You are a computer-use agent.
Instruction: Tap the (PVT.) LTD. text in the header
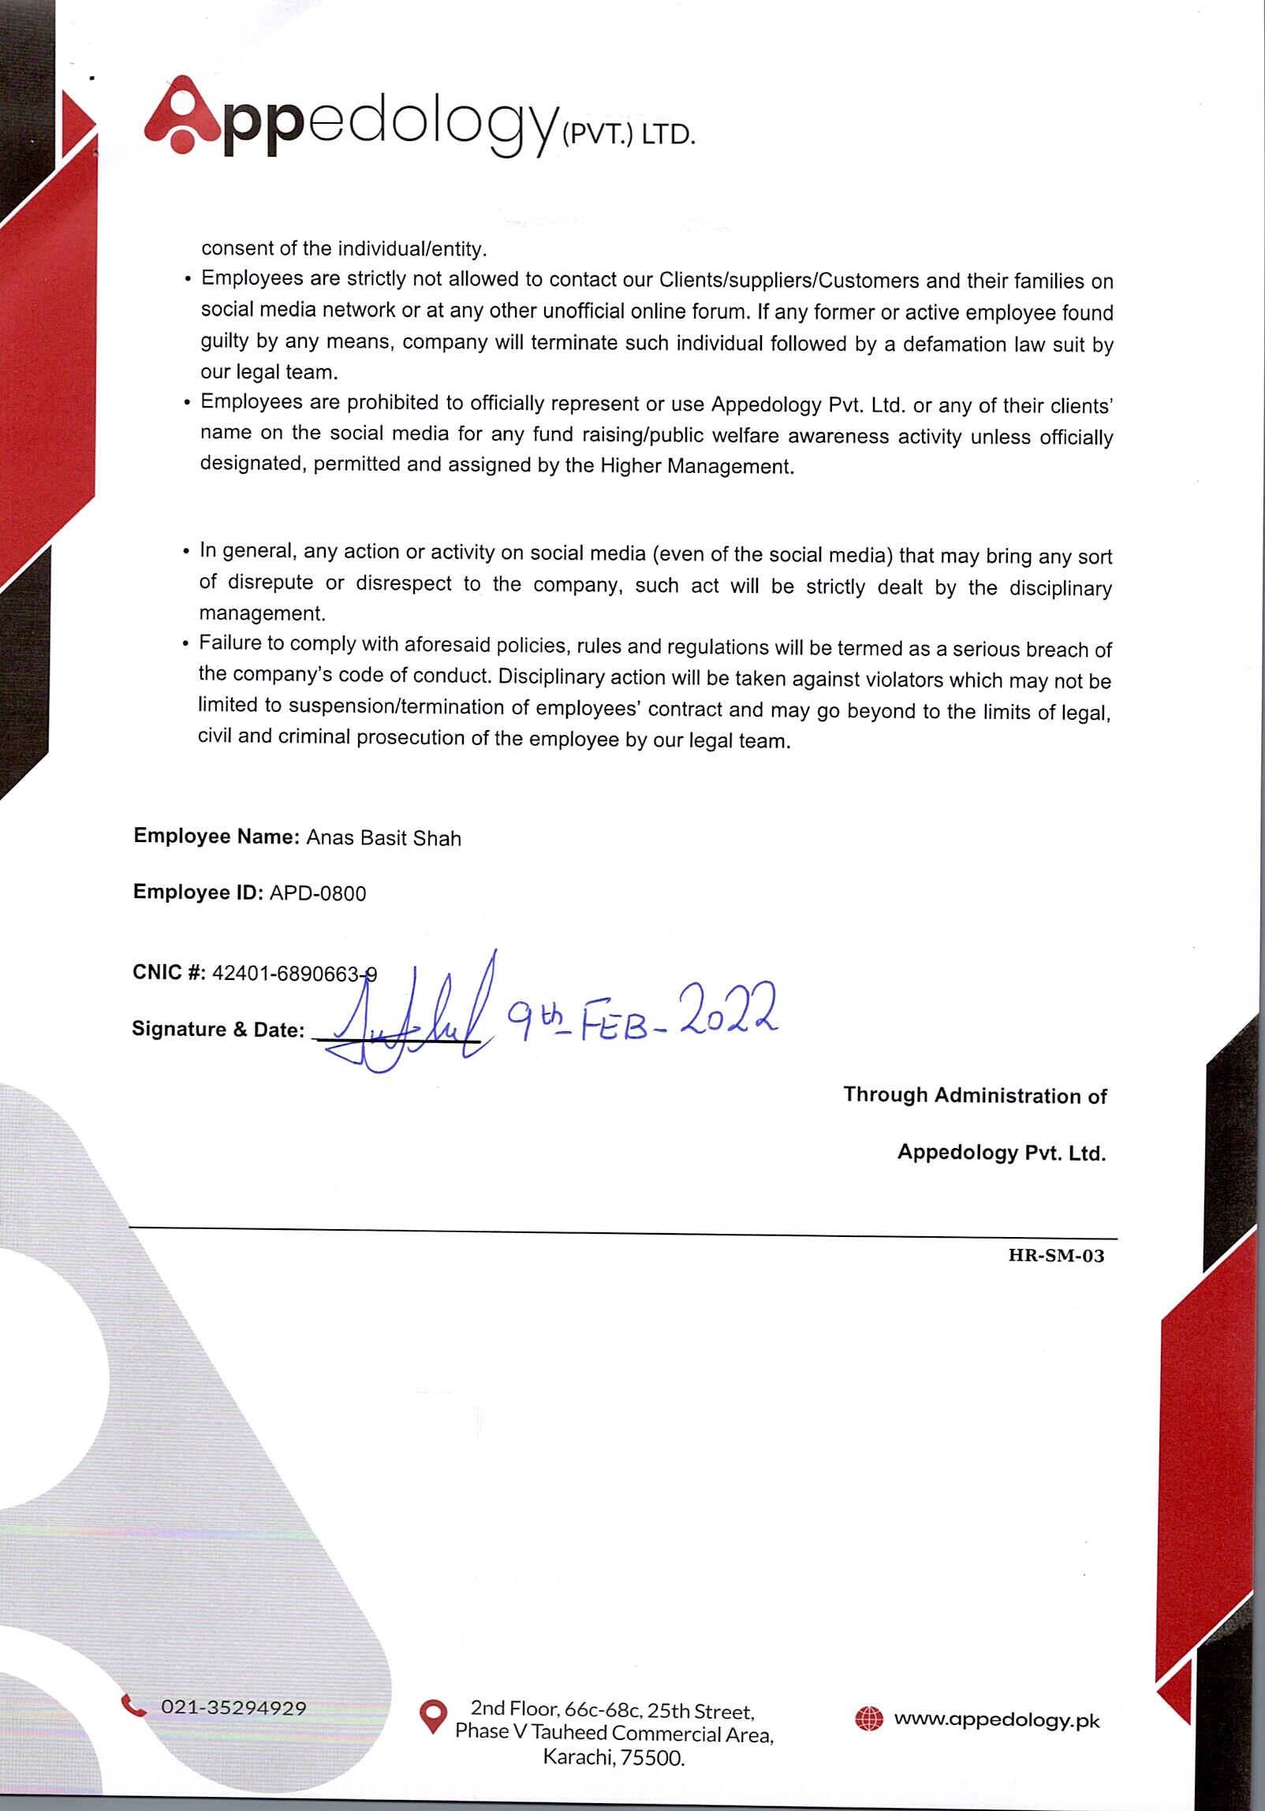[x=627, y=135]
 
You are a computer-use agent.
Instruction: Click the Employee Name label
[x=215, y=836]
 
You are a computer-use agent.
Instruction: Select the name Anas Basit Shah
[x=383, y=837]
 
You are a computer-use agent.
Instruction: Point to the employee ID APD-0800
[x=317, y=893]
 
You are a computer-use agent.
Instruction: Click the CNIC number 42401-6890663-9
[x=294, y=974]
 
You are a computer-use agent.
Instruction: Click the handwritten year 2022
[x=728, y=1011]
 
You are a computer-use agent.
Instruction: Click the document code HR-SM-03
[x=1055, y=1256]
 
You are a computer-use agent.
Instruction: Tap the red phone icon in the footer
[x=133, y=1705]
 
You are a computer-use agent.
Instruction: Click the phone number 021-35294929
[x=233, y=1708]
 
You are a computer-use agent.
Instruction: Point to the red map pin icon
[x=432, y=1716]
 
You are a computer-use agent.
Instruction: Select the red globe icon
[x=869, y=1718]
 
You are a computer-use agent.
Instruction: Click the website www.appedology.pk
[x=996, y=1720]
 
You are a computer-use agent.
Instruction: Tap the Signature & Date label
[x=218, y=1030]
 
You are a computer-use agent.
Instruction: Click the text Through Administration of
[x=975, y=1096]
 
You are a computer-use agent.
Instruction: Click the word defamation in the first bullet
[x=954, y=344]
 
